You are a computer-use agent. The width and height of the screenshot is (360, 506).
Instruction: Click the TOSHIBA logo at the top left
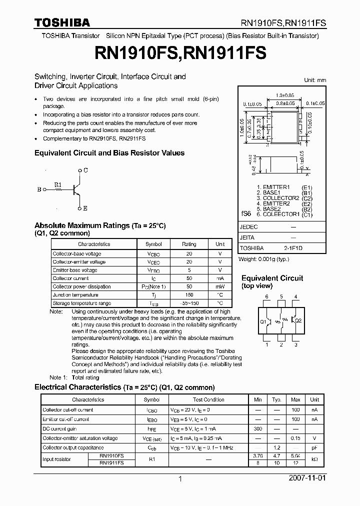click(x=62, y=22)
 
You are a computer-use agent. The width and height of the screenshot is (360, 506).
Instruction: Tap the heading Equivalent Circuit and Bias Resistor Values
click(x=109, y=153)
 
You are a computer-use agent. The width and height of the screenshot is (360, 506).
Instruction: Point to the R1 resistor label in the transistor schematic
click(x=57, y=184)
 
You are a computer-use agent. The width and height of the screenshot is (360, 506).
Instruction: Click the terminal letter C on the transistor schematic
click(x=85, y=170)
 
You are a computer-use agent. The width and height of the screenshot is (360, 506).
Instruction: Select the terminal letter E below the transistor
click(x=85, y=208)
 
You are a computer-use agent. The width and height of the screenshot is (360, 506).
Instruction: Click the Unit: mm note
click(x=314, y=80)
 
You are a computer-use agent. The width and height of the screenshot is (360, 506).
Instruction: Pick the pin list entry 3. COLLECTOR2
click(x=277, y=198)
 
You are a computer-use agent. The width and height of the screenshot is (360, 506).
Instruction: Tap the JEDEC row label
click(x=249, y=226)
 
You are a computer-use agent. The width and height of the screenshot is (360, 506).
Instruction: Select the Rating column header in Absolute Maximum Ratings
click(x=189, y=244)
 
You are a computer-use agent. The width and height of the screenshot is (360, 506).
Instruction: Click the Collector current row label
click(x=70, y=278)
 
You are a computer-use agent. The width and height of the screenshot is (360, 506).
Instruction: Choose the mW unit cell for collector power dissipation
click(x=219, y=287)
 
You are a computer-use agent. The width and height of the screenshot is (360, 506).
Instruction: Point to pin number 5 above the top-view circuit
click(x=281, y=297)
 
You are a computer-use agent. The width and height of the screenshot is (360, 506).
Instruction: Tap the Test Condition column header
click(x=208, y=400)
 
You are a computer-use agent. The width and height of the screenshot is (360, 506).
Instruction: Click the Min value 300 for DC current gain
click(x=258, y=429)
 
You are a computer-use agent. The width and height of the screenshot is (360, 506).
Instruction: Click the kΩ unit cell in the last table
click(x=314, y=459)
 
